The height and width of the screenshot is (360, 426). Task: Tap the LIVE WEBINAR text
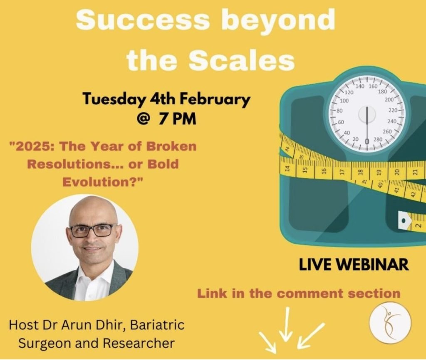(x=354, y=264)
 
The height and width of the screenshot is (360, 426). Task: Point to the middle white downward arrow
(x=285, y=323)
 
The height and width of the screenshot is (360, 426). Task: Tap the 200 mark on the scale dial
(x=389, y=99)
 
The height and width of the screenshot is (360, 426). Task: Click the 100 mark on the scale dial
(x=344, y=101)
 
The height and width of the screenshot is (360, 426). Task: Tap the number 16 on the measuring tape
(x=323, y=171)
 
